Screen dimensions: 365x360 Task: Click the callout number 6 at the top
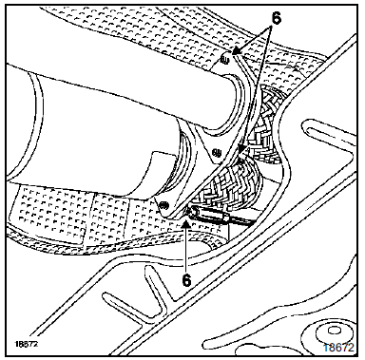276,19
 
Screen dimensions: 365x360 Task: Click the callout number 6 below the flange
186,279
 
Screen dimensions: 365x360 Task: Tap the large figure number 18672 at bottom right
338,348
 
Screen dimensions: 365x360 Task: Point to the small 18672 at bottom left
26,344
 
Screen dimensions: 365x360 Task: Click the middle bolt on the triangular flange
217,153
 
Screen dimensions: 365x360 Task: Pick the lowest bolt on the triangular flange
163,206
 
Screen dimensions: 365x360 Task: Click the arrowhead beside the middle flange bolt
243,149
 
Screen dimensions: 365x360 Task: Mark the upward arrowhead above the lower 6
186,224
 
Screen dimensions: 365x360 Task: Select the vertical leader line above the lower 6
186,250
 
